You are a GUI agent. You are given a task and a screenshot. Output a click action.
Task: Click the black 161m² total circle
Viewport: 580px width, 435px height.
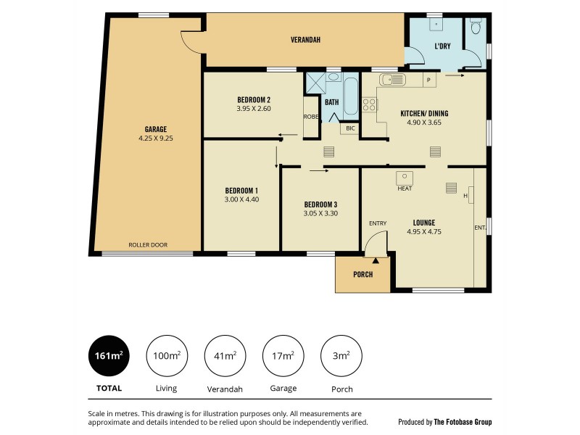point(109,355)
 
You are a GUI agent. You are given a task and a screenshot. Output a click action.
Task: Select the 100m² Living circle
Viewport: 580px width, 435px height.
point(167,355)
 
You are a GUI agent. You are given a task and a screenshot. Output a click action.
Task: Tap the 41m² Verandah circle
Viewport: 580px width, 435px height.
point(225,355)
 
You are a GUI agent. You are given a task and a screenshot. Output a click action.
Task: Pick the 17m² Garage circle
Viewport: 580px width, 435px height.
point(283,355)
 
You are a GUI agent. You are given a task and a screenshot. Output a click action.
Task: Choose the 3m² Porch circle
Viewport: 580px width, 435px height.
point(341,355)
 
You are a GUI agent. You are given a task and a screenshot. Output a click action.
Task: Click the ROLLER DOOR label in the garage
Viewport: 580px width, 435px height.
point(148,245)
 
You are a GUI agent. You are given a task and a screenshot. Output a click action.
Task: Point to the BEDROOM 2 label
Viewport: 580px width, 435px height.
point(254,100)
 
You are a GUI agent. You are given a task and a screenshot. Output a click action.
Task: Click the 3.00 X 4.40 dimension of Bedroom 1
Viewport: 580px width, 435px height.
point(241,199)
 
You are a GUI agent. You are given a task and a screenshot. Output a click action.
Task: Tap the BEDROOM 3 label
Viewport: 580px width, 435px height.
point(320,204)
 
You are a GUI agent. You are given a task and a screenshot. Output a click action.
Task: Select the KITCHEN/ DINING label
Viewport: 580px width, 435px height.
point(424,113)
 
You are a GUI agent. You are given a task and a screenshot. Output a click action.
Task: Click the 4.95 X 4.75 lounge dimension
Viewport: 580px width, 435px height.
point(424,232)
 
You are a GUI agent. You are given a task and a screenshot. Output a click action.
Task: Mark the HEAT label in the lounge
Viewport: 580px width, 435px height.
point(405,188)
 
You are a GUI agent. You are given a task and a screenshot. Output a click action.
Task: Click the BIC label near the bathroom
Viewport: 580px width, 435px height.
point(350,129)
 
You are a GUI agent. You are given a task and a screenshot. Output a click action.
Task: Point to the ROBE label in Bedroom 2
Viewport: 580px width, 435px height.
point(310,116)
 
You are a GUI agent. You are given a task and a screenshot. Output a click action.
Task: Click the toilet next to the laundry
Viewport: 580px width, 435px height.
point(476,28)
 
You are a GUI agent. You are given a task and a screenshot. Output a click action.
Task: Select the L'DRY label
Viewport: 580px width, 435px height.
point(443,46)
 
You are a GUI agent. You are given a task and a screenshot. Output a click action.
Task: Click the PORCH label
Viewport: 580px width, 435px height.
point(362,275)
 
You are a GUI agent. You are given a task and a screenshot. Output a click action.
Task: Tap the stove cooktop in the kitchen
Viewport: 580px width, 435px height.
point(369,104)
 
